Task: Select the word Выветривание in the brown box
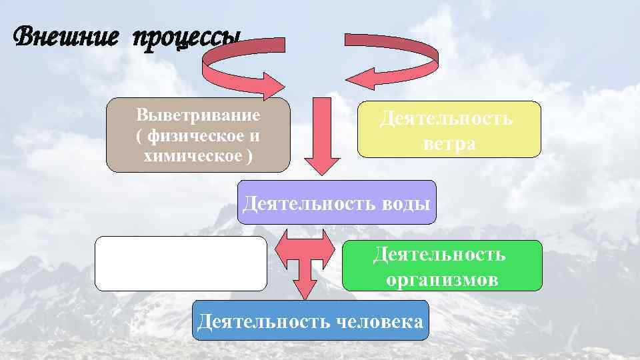click(x=198, y=114)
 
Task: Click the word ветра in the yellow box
click(x=449, y=144)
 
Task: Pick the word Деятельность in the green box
click(x=440, y=254)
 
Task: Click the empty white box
click(x=181, y=263)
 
